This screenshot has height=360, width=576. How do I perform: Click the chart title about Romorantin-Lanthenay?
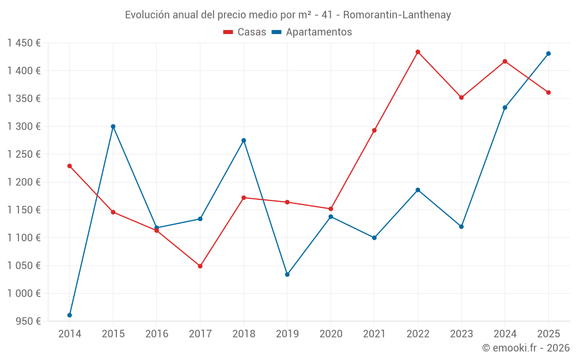288,14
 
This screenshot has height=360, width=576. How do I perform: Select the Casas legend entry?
245,32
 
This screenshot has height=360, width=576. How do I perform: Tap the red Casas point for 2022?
418,52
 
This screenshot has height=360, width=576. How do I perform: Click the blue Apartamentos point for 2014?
70,315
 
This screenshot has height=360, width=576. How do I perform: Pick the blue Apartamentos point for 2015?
113,126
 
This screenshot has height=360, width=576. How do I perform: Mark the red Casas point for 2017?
200,266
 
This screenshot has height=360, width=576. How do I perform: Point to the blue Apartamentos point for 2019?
287,275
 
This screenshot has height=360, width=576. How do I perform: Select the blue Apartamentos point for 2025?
548,54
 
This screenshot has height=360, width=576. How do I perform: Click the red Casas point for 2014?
70,166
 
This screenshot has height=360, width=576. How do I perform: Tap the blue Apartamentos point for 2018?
244,141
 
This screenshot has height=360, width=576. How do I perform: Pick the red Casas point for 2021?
374,130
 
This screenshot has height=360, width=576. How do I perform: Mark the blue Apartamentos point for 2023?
461,226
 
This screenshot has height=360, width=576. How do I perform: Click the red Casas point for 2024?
505,61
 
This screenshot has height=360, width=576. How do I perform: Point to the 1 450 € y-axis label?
24,43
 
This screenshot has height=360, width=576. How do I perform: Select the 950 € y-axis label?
27,321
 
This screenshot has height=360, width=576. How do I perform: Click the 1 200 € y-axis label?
24,182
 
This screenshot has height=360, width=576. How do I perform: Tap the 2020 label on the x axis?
331,334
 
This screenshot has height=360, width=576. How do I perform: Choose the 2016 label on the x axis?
157,334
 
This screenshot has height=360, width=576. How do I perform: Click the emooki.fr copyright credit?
525,348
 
